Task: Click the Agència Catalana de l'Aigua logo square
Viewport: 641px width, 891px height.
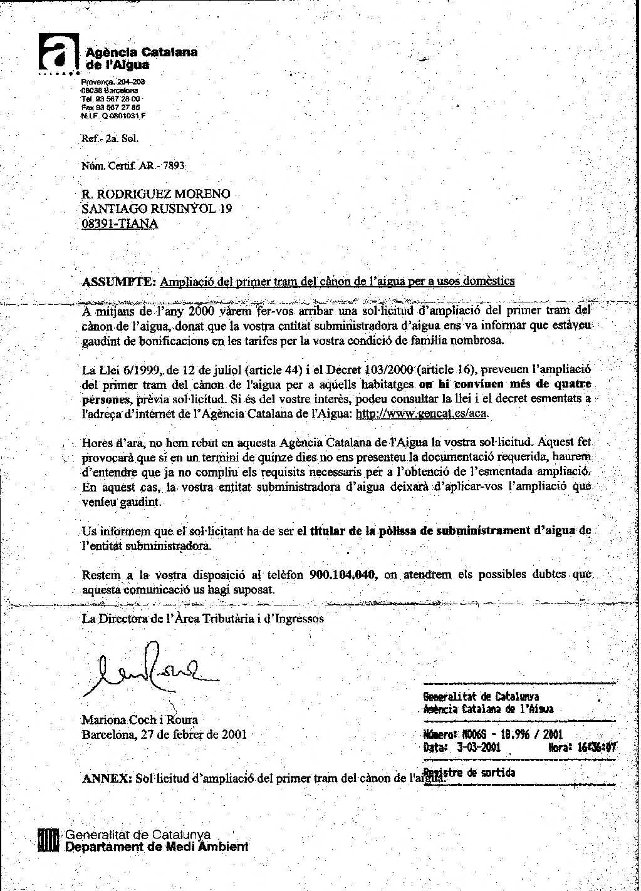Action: pyautogui.click(x=58, y=53)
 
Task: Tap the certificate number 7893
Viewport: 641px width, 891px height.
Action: pyautogui.click(x=174, y=166)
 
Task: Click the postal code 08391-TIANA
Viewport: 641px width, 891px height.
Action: pyautogui.click(x=120, y=224)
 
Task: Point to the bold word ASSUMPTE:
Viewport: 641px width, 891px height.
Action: pyautogui.click(x=119, y=281)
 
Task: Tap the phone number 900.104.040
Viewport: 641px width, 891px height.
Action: pyautogui.click(x=343, y=575)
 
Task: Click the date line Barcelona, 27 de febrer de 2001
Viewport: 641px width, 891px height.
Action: pyautogui.click(x=164, y=734)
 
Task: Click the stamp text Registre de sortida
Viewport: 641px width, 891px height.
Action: pyautogui.click(x=469, y=773)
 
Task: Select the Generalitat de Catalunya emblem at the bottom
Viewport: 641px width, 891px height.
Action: pyautogui.click(x=48, y=840)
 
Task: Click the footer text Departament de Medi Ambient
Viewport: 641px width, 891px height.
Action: pyautogui.click(x=157, y=847)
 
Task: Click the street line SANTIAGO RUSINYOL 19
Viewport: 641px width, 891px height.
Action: pyautogui.click(x=157, y=209)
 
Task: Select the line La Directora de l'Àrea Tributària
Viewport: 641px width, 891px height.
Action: pyautogui.click(x=203, y=619)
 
